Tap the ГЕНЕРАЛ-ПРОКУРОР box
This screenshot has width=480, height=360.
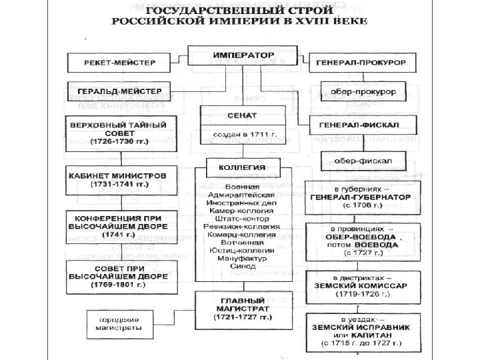pos(363,63)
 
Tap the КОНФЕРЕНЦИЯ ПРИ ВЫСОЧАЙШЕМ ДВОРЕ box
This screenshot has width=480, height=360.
pos(113,226)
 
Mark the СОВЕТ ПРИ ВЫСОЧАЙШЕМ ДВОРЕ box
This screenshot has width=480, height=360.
pos(113,275)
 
